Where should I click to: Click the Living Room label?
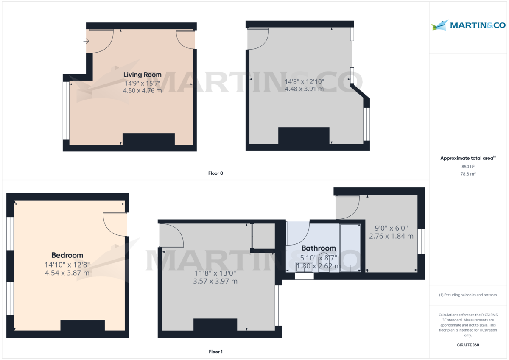(142, 75)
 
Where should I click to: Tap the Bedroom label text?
(67, 255)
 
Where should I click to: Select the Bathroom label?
(319, 248)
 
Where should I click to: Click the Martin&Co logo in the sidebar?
(468, 25)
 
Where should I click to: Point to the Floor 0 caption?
(215, 173)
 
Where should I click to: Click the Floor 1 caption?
(215, 352)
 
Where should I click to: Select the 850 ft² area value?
(468, 167)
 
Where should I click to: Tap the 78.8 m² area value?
(468, 174)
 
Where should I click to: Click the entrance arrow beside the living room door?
(86, 41)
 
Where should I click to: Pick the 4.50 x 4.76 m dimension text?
(142, 91)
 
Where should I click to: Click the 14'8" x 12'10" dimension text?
(304, 81)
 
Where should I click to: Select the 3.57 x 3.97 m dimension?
(215, 281)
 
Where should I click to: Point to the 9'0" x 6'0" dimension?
(391, 228)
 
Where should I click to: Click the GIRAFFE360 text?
(468, 345)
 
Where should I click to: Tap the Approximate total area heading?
(468, 158)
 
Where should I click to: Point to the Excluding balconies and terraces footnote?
(468, 295)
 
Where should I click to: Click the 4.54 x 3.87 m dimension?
(67, 273)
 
